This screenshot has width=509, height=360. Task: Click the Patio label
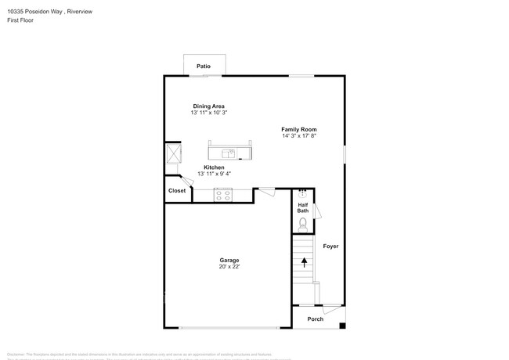click(x=204, y=67)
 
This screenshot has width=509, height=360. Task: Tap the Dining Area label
click(x=208, y=106)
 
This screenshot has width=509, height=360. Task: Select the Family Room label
click(x=299, y=129)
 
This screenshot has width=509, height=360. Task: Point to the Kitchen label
click(x=214, y=167)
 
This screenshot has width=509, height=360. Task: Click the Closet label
click(x=177, y=190)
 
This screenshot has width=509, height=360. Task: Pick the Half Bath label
click(x=303, y=208)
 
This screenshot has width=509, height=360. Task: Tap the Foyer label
click(x=330, y=246)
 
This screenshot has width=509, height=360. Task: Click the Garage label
click(x=229, y=260)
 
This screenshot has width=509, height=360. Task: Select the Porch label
click(x=315, y=319)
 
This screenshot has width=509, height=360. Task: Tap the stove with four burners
click(x=223, y=195)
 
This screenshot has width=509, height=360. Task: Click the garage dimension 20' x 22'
click(x=229, y=267)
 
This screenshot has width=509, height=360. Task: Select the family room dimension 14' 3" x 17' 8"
click(x=299, y=136)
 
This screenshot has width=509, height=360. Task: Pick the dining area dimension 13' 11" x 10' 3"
click(x=208, y=113)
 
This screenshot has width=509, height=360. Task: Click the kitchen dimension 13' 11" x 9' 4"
click(x=214, y=174)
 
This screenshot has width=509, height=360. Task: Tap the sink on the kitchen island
click(x=229, y=153)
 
